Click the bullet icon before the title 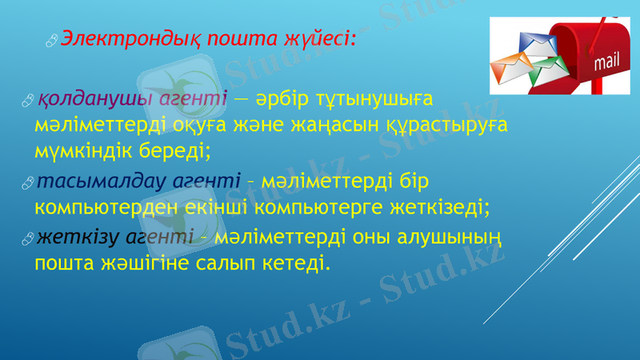[52, 38]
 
